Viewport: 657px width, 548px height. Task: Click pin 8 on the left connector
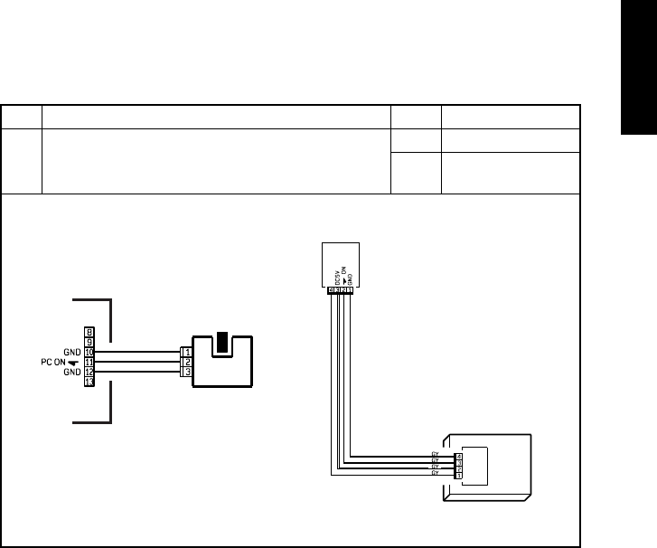[x=89, y=332]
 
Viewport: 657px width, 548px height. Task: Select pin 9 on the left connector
[x=89, y=342]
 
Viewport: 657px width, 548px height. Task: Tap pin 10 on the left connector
[x=89, y=352]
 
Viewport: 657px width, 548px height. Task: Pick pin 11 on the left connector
[x=89, y=362]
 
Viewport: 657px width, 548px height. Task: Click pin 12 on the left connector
[x=89, y=372]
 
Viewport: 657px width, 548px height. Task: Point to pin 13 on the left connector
[x=89, y=382]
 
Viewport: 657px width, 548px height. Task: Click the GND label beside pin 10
[x=73, y=352]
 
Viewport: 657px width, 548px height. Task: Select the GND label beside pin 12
[x=73, y=372]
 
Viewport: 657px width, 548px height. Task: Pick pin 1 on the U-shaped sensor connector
[x=186, y=352]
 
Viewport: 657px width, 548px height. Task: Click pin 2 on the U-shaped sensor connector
[x=186, y=362]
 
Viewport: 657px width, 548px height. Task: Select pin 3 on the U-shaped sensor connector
[x=186, y=372]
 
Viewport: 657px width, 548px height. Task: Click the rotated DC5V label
[x=337, y=275]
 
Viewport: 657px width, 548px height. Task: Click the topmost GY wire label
[x=435, y=455]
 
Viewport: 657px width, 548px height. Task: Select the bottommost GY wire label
[x=435, y=474]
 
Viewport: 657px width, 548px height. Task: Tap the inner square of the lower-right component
[x=476, y=464]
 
